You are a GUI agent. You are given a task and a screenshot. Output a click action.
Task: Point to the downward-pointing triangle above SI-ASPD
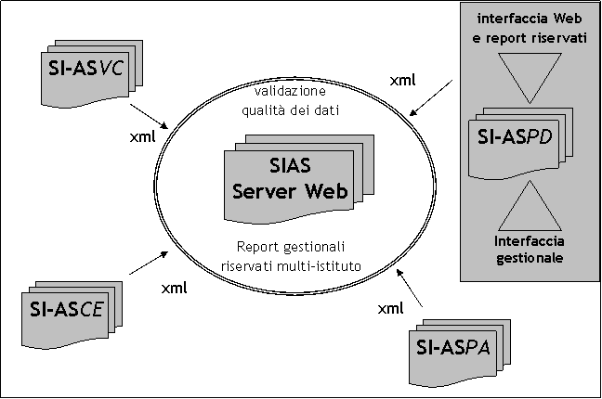tap(529, 75)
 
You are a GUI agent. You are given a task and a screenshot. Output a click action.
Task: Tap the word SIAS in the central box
tap(289, 167)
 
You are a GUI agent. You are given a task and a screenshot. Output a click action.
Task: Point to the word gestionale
tap(530, 259)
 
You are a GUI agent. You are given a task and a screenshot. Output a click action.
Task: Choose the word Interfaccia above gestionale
tap(530, 241)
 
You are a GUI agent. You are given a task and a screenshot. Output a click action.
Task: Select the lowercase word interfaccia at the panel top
tap(511, 19)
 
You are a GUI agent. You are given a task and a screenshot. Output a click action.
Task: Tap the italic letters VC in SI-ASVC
tap(112, 70)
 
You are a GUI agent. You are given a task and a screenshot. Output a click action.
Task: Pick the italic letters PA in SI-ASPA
tap(485, 350)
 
